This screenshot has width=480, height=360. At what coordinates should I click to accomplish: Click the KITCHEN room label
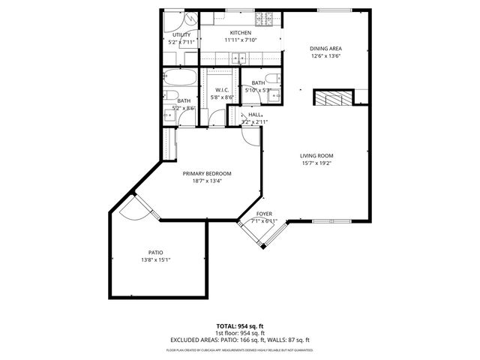[240, 33]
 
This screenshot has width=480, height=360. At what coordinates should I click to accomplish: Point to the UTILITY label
[181, 34]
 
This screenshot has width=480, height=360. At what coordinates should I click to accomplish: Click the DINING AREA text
[325, 49]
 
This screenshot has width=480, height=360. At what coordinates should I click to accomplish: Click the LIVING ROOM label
[316, 155]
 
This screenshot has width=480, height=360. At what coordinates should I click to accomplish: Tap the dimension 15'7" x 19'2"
[316, 163]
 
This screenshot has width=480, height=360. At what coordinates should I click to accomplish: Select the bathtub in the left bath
[181, 77]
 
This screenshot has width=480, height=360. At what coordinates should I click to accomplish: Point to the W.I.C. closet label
[221, 90]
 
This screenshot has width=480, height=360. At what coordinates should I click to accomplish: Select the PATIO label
[155, 253]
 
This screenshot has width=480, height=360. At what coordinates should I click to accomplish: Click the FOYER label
[265, 214]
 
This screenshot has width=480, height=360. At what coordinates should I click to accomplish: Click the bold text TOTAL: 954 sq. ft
[240, 326]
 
